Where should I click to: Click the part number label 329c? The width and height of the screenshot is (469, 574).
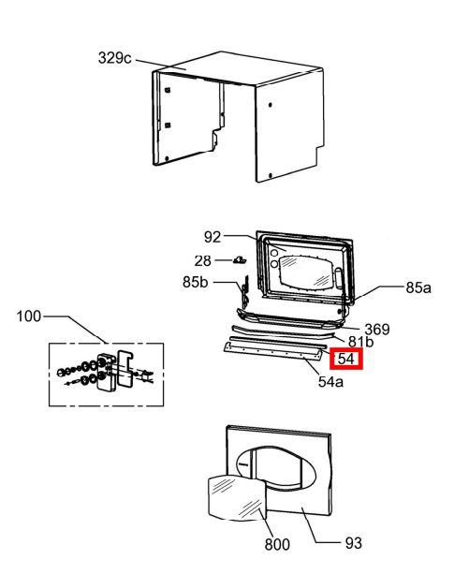pyautogui.click(x=114, y=58)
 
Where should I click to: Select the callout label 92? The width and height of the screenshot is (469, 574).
pyautogui.click(x=213, y=237)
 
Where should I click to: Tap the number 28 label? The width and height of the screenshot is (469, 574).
pyautogui.click(x=203, y=261)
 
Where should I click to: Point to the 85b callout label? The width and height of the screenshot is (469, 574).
pyautogui.click(x=196, y=282)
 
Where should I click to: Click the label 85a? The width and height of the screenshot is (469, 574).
pyautogui.click(x=418, y=287)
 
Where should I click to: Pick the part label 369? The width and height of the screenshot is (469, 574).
pyautogui.click(x=377, y=330)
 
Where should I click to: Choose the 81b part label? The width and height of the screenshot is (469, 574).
pyautogui.click(x=360, y=342)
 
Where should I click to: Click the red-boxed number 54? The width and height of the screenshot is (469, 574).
pyautogui.click(x=346, y=359)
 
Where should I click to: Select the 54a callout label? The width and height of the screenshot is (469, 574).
pyautogui.click(x=330, y=382)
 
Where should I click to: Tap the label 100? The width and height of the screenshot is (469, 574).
pyautogui.click(x=29, y=316)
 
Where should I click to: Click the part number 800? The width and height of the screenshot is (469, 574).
pyautogui.click(x=277, y=544)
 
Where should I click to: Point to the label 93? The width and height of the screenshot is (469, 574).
pyautogui.click(x=354, y=543)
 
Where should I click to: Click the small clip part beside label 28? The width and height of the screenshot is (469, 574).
pyautogui.click(x=240, y=260)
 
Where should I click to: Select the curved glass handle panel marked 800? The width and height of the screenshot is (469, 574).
pyautogui.click(x=237, y=497)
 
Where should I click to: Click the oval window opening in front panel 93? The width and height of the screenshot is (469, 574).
pyautogui.click(x=276, y=469)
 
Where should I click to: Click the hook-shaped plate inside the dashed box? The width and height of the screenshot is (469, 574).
pyautogui.click(x=125, y=369)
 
